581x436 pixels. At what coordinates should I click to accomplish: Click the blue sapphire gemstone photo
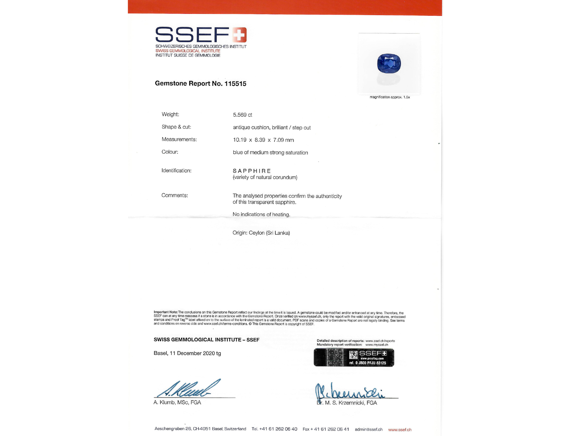[x=389, y=63]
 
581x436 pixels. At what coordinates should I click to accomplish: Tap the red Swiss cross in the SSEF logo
[x=239, y=35]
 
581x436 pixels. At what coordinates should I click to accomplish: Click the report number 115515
[x=235, y=84]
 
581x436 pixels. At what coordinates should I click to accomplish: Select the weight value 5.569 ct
[x=242, y=115]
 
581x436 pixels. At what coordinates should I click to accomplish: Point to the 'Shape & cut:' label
[x=176, y=127]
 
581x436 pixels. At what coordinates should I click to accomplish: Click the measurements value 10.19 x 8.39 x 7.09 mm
[x=263, y=140]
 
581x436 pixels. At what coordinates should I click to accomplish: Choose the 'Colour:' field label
[x=170, y=152]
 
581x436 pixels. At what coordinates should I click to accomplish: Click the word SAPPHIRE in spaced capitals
[x=252, y=171]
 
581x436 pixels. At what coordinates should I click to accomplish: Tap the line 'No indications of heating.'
[x=261, y=214]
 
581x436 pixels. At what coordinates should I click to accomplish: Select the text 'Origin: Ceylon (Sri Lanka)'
[x=261, y=233]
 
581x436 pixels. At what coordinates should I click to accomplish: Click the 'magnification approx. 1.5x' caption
[x=390, y=97]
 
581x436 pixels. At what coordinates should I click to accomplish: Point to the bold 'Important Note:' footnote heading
[x=166, y=312]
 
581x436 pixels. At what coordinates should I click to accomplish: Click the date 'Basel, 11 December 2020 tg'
[x=187, y=353]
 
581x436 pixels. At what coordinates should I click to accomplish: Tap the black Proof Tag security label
[x=354, y=358]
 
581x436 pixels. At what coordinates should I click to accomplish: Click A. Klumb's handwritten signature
[x=188, y=389]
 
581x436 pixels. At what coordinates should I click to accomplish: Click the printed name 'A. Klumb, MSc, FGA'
[x=177, y=402]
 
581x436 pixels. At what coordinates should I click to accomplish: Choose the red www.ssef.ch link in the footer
[x=400, y=430]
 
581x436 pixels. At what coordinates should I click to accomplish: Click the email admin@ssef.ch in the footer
[x=369, y=430]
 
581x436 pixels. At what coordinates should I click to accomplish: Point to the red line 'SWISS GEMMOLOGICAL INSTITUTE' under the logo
[x=188, y=51]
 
